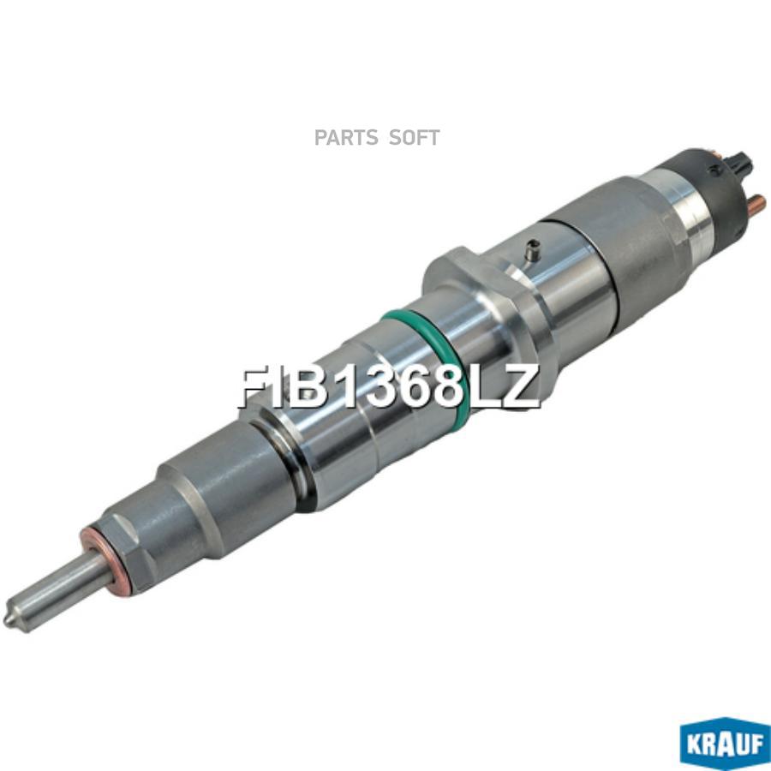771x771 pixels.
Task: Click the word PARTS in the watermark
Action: [346, 138]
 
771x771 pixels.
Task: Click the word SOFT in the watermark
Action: [414, 138]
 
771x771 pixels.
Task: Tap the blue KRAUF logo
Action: [726, 744]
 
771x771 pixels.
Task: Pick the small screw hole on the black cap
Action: [714, 170]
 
